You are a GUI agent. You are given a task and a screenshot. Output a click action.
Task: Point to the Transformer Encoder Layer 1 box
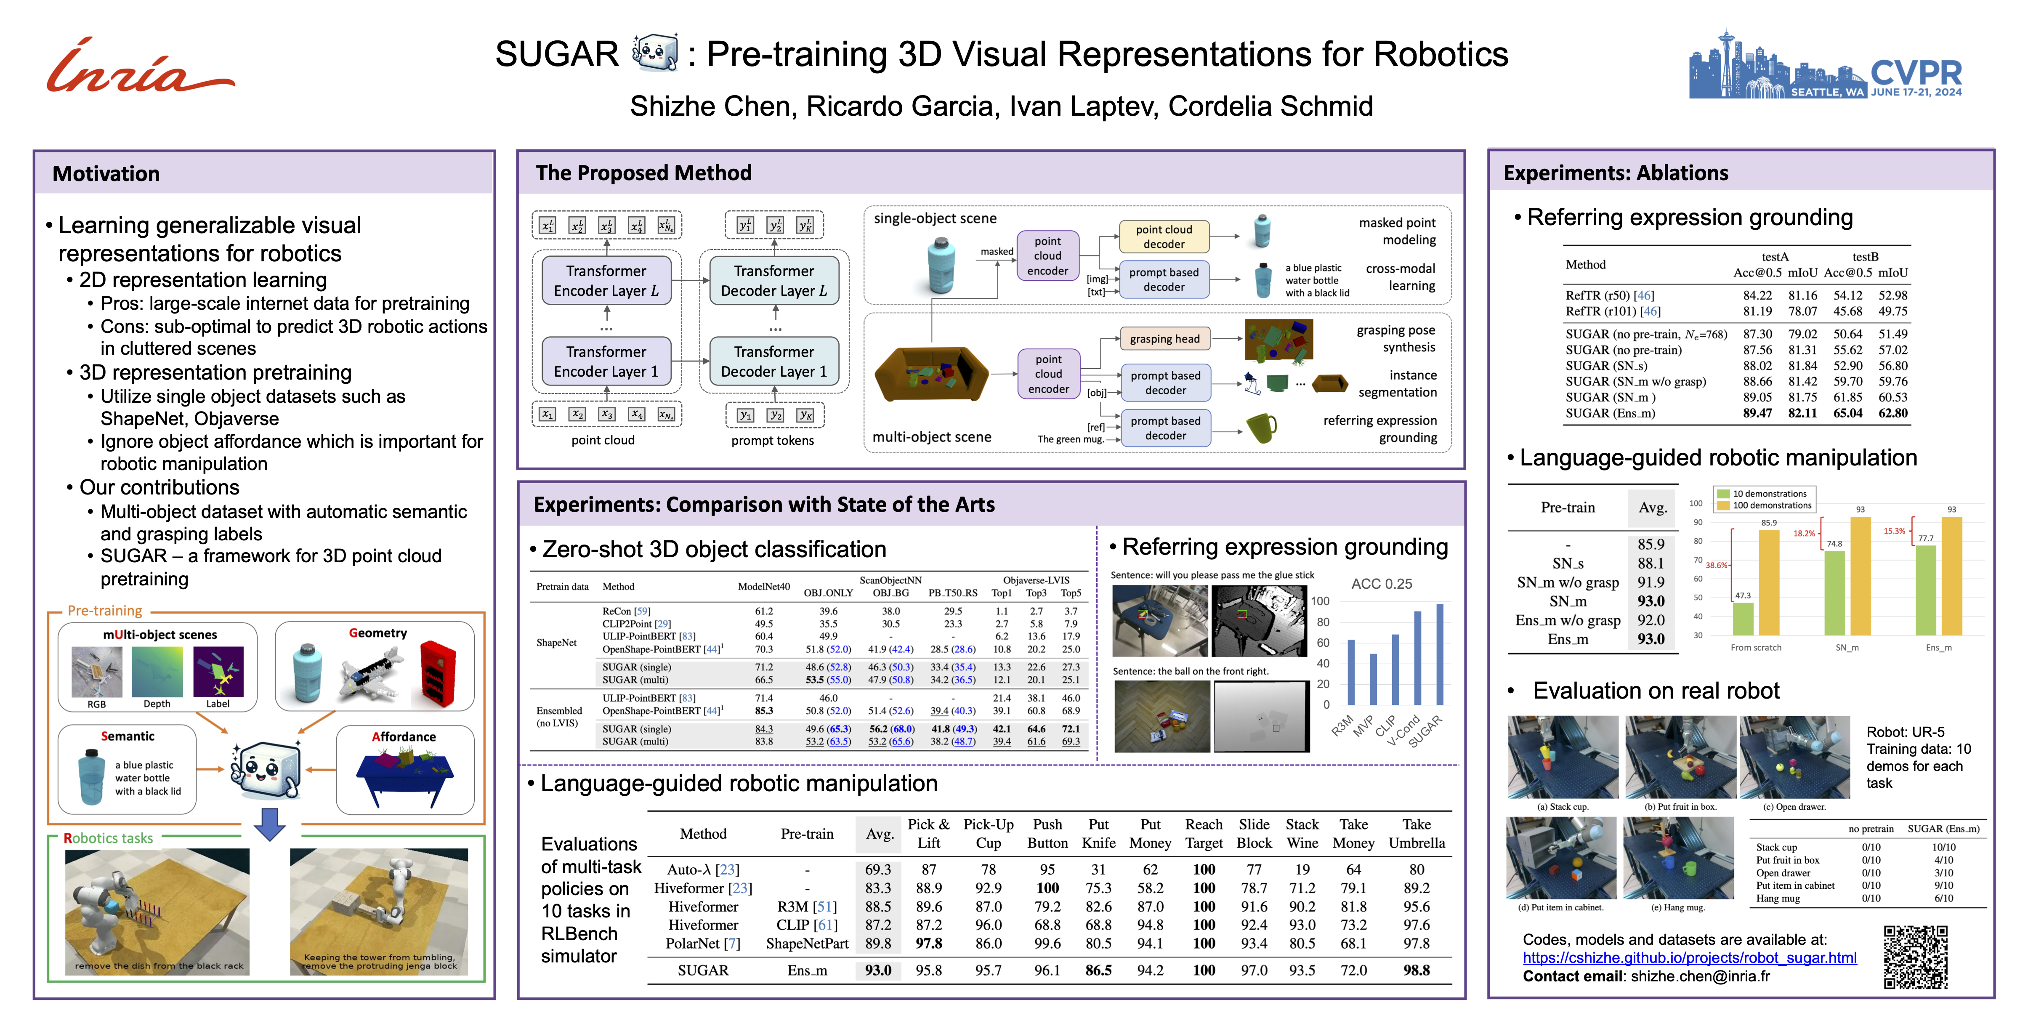tap(606, 361)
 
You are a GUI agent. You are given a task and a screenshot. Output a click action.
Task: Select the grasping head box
tap(1164, 339)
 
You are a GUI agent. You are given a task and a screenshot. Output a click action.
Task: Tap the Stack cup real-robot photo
tap(1562, 757)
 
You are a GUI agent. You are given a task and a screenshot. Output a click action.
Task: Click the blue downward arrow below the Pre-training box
tap(270, 824)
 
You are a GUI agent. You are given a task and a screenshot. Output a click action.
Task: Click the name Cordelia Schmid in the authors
tap(1270, 106)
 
